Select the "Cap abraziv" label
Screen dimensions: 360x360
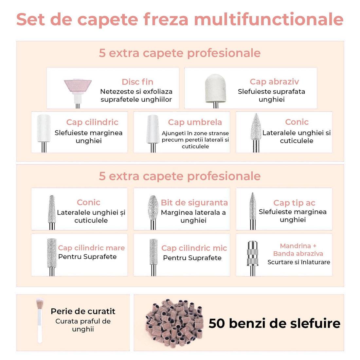click(x=274, y=81)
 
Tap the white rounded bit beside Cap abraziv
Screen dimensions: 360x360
click(x=215, y=88)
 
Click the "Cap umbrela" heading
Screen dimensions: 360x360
click(x=195, y=122)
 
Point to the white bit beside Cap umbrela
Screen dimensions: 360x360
click(x=153, y=130)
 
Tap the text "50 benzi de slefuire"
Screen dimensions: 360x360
click(x=274, y=323)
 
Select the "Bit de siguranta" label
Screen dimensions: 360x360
click(x=194, y=203)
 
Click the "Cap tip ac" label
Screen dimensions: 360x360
click(x=294, y=203)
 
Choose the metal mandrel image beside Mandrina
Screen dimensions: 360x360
click(x=252, y=255)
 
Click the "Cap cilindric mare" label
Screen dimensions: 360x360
click(x=91, y=248)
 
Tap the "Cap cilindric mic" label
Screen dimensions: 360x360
click(x=194, y=248)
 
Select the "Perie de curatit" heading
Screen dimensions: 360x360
click(x=83, y=311)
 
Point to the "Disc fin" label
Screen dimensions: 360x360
click(x=137, y=82)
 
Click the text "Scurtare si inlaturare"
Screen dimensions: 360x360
click(x=298, y=262)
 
